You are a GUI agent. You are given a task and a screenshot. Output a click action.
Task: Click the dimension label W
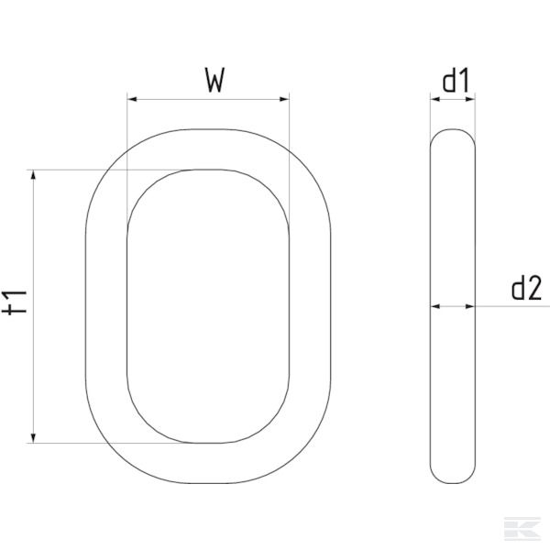[x=214, y=82]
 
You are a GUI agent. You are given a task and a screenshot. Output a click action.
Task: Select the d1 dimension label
[x=456, y=82]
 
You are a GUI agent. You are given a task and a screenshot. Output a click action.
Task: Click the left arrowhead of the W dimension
[x=132, y=99]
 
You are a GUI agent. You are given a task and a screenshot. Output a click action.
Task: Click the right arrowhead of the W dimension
[x=284, y=99]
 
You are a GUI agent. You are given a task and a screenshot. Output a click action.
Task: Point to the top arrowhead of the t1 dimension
[x=34, y=175]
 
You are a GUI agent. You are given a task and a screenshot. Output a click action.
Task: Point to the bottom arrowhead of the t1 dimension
[x=34, y=437]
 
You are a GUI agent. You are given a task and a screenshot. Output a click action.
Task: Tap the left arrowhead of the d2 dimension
[x=434, y=306]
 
